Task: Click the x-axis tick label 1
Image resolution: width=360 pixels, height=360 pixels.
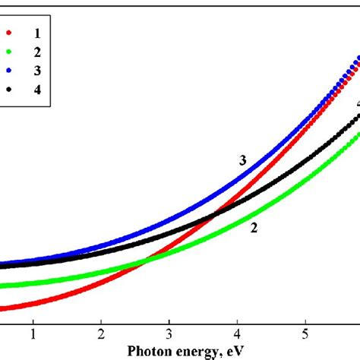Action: (x=33, y=333)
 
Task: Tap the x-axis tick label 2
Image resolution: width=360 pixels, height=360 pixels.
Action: (x=101, y=333)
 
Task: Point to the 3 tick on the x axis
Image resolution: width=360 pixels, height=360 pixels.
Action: (x=169, y=333)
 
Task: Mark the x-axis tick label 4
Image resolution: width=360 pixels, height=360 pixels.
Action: (x=237, y=333)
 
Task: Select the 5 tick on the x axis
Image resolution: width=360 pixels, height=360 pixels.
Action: (x=305, y=333)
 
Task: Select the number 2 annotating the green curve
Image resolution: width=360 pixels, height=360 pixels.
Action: (x=254, y=227)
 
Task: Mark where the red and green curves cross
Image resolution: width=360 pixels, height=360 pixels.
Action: (x=144, y=262)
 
